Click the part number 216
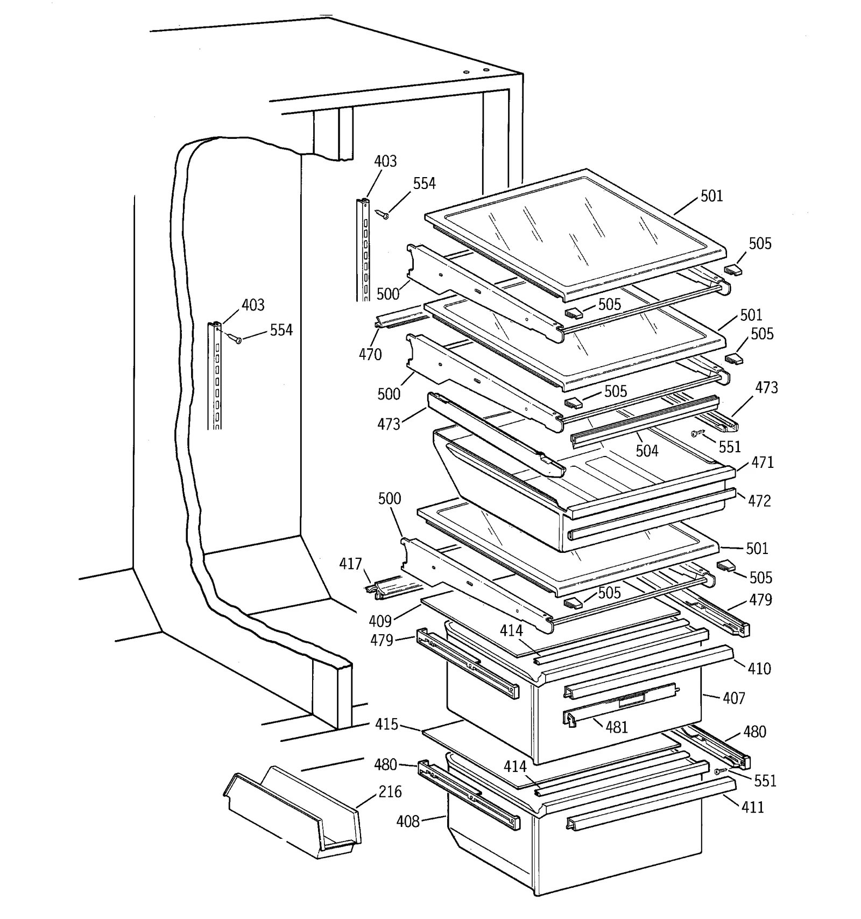point(390,791)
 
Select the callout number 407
point(734,698)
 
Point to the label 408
point(408,821)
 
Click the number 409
point(380,621)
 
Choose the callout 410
point(759,669)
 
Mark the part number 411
point(752,807)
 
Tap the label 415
point(387,724)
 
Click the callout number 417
point(350,564)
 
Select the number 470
point(370,354)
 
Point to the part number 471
point(763,462)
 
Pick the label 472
point(759,501)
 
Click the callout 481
point(617,727)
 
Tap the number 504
point(647,451)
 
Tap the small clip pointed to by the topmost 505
point(732,269)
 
